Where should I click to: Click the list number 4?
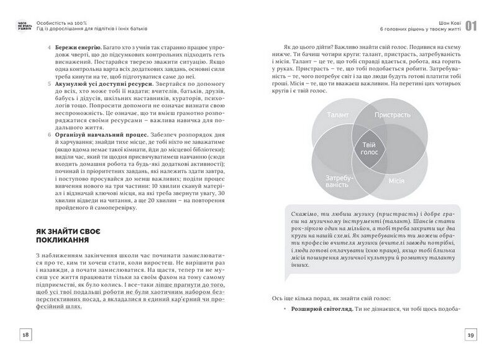[49, 47]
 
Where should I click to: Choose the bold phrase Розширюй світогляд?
[321, 309]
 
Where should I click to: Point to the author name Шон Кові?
[447, 21]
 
